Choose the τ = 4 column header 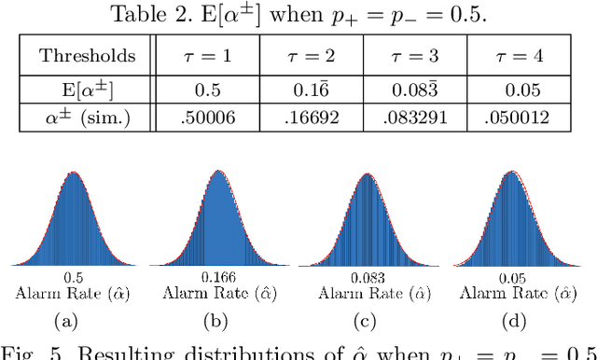coord(517,55)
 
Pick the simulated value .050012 coord(517,118)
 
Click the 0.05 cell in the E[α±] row coord(517,90)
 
